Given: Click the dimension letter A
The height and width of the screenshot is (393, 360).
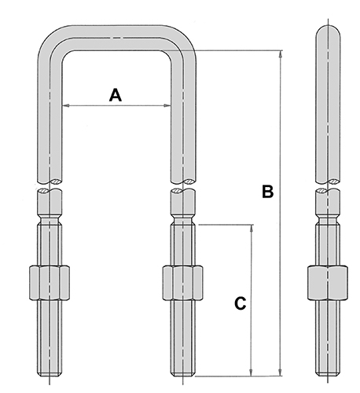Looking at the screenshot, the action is tap(116, 95).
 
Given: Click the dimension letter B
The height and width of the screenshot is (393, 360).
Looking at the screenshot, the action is tap(268, 191).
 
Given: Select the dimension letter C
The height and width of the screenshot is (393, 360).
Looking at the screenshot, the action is tap(241, 303).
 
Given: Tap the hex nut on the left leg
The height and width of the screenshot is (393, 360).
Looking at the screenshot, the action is tap(50, 283).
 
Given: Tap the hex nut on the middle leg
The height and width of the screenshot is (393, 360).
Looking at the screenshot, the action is tap(182, 283).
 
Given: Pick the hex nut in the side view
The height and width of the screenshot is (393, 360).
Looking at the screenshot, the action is tap(328, 283).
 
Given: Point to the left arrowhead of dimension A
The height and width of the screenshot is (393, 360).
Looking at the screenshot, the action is tap(65, 105).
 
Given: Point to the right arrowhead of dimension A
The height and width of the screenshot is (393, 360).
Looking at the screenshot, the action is tap(167, 105).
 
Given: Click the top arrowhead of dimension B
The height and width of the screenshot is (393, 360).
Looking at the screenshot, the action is tap(281, 53).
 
